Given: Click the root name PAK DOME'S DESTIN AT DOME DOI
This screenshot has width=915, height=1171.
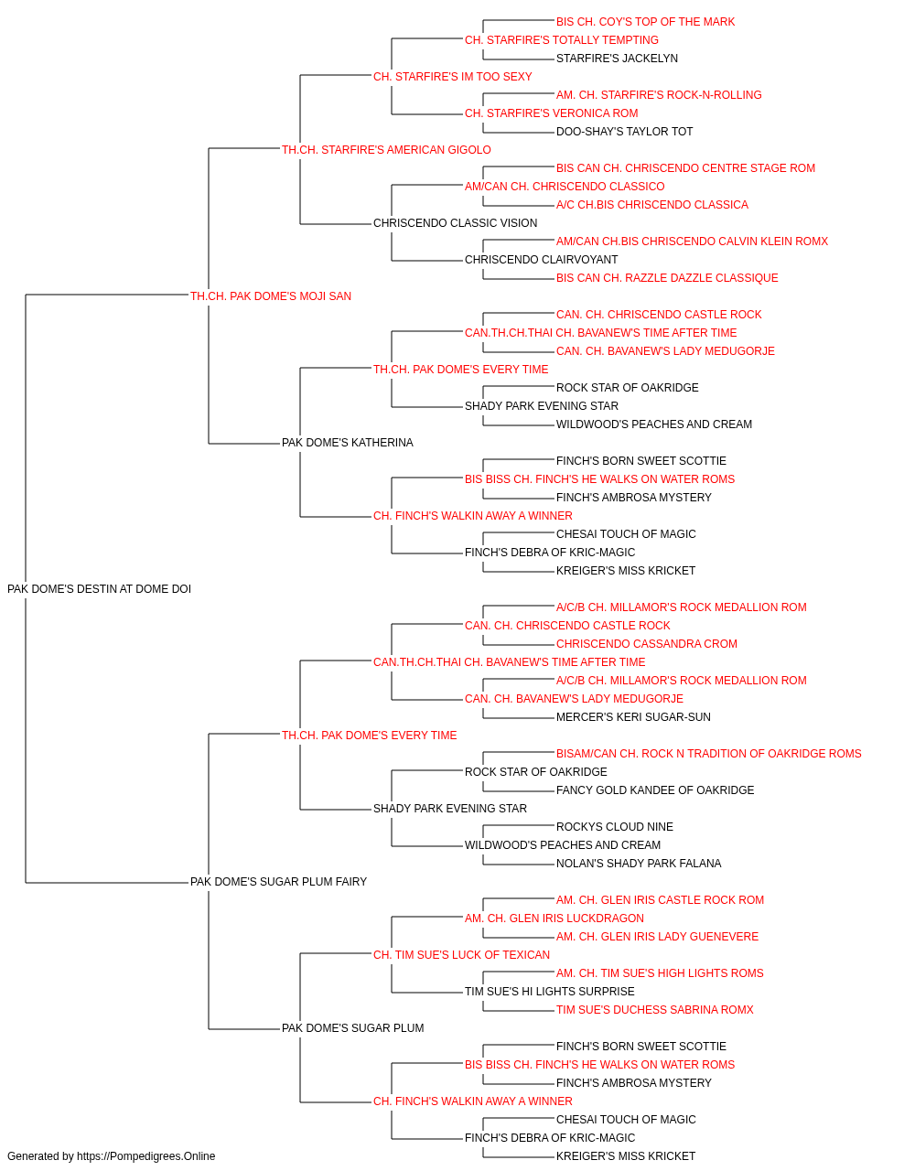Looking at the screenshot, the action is pyautogui.click(x=99, y=589).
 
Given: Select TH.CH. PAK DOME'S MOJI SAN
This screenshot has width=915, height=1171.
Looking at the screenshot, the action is pyautogui.click(x=271, y=296).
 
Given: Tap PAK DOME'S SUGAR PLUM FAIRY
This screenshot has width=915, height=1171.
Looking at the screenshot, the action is pyautogui.click(x=278, y=882).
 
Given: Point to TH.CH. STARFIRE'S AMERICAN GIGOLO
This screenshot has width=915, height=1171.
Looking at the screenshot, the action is pyautogui.click(x=386, y=150).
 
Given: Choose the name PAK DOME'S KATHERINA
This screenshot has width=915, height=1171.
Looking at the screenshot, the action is pyautogui.click(x=348, y=443).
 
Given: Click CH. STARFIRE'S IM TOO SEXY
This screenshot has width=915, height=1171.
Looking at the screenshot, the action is pyautogui.click(x=453, y=77).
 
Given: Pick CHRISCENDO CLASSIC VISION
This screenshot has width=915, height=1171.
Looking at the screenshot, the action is pyautogui.click(x=456, y=223).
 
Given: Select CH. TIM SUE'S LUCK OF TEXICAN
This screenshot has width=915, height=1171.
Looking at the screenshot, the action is pyautogui.click(x=462, y=955).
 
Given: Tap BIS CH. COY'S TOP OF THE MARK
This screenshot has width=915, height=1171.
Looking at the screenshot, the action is pyautogui.click(x=646, y=22).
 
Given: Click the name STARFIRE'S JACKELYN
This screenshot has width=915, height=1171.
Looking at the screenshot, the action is pyautogui.click(x=617, y=59).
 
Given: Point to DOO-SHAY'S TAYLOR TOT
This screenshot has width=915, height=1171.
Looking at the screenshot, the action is pyautogui.click(x=625, y=132).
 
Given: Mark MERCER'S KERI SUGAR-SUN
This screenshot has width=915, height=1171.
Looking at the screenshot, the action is pyautogui.click(x=634, y=716).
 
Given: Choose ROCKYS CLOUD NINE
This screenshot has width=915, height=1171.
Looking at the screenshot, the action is pyautogui.click(x=615, y=827).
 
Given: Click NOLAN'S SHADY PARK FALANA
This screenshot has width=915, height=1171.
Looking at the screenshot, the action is pyautogui.click(x=639, y=864).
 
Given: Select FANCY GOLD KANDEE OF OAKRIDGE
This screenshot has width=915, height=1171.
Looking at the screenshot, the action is pyautogui.click(x=655, y=790).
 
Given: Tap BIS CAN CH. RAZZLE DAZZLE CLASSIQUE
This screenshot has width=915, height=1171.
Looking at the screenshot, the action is pyautogui.click(x=667, y=278).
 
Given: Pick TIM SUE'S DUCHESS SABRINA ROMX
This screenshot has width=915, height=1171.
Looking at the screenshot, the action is pyautogui.click(x=655, y=1010).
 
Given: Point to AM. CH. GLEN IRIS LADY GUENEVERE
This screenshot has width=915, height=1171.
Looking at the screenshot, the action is pyautogui.click(x=657, y=937).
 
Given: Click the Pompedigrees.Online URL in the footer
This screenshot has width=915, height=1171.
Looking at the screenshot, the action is pyautogui.click(x=146, y=1156).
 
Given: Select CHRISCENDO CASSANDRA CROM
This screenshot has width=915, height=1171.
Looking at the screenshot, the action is pyautogui.click(x=647, y=643).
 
